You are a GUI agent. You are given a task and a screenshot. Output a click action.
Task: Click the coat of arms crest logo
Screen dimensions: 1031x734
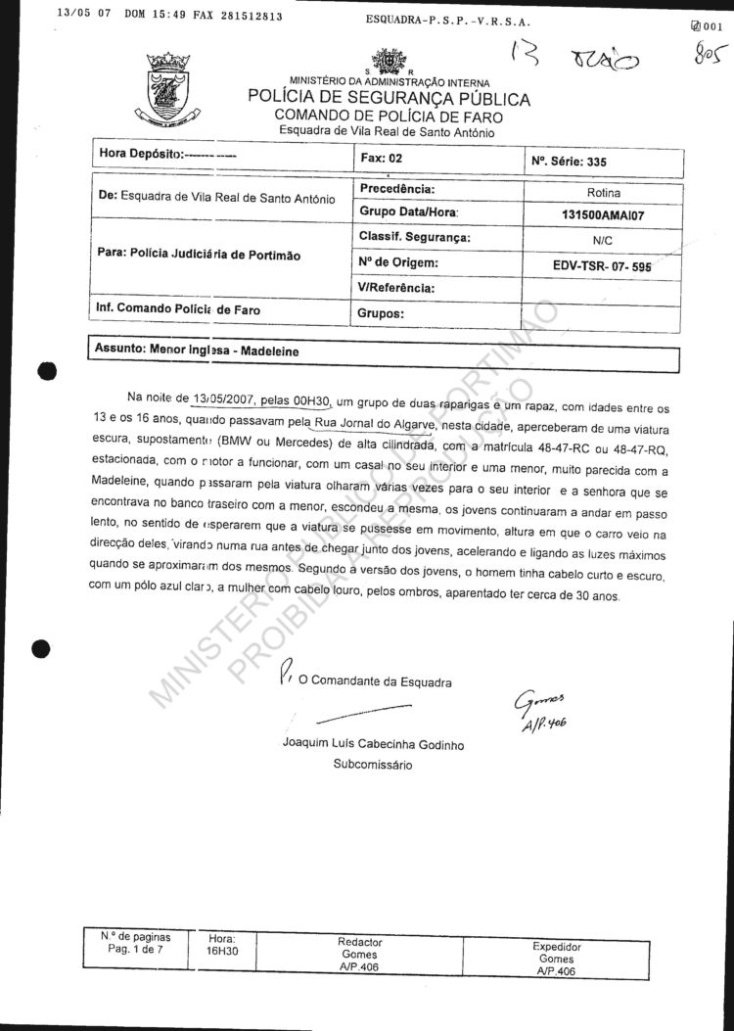click(x=168, y=89)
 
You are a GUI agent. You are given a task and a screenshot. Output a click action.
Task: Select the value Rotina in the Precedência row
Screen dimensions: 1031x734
click(x=603, y=193)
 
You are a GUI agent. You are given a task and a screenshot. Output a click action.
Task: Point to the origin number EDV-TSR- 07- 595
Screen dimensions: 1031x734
click(x=602, y=264)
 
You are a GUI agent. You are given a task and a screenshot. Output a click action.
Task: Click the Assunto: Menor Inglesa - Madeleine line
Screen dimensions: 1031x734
click(x=196, y=350)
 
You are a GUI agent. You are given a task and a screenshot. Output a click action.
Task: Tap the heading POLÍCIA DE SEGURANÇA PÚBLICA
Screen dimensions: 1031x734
click(x=389, y=99)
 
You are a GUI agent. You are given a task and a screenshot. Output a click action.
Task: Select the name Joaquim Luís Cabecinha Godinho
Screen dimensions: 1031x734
click(x=373, y=744)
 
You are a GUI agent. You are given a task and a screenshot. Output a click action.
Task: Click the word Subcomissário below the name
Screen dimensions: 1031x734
click(x=373, y=764)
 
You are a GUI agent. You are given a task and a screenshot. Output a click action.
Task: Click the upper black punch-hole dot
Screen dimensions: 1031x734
click(x=44, y=370)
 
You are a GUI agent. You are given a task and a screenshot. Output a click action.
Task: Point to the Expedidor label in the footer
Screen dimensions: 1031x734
click(x=556, y=947)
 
